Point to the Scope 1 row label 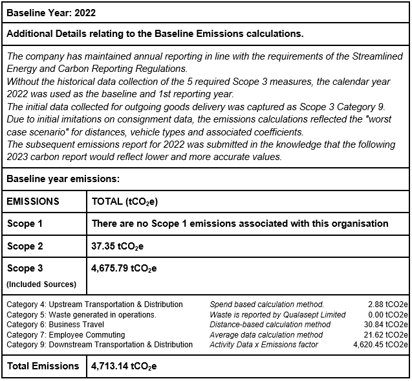tap(25, 224)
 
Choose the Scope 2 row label tap(25, 246)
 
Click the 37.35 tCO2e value tap(119, 246)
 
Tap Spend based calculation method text tap(266, 304)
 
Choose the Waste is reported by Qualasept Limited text tap(277, 314)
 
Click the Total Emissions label tap(43, 366)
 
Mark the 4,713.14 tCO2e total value tap(124, 366)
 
